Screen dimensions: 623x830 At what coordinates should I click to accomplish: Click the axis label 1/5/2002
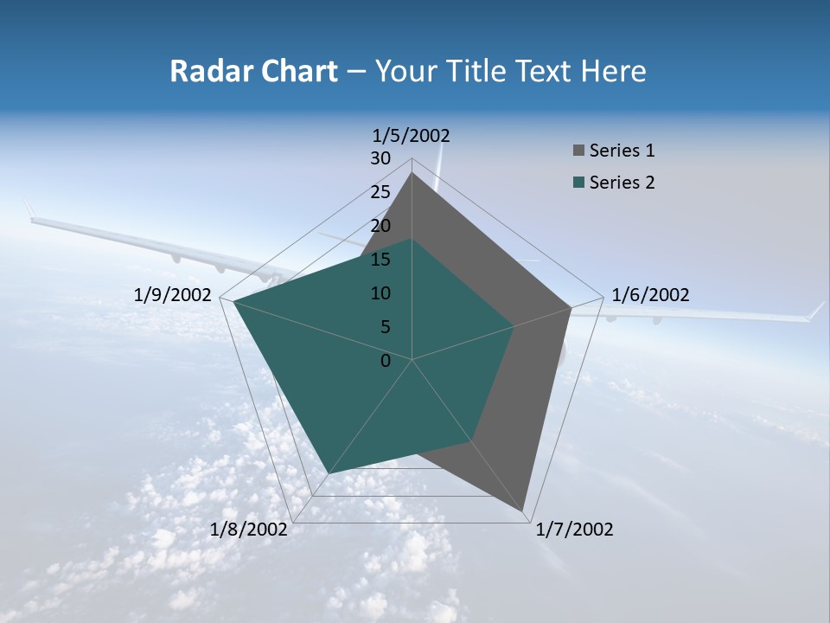(x=412, y=136)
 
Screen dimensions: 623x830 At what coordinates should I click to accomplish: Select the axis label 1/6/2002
(x=650, y=295)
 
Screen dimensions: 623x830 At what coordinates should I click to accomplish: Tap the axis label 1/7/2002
(x=574, y=530)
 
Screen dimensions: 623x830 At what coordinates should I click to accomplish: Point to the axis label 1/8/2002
(x=249, y=530)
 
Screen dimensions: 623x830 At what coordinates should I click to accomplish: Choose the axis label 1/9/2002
(x=173, y=295)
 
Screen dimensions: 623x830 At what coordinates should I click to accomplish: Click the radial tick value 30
(x=380, y=158)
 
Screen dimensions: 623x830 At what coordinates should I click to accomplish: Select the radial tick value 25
(x=380, y=192)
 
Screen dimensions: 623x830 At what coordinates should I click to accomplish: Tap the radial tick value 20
(x=380, y=226)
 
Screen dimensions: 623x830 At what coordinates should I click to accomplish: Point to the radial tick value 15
(x=380, y=260)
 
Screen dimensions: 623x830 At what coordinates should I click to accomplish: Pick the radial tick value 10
(x=380, y=293)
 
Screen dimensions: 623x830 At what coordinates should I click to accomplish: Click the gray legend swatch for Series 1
(x=578, y=151)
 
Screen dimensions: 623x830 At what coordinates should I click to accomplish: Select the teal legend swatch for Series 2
(x=578, y=183)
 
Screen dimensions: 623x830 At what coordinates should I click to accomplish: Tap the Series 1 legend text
(x=622, y=151)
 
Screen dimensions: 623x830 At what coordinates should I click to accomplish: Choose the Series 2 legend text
(x=622, y=183)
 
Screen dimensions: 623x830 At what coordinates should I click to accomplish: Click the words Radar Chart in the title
(x=253, y=71)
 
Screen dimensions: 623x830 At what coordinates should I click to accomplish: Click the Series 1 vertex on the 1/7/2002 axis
(x=523, y=511)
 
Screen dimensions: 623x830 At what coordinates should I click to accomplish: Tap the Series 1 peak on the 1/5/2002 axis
(x=412, y=173)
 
